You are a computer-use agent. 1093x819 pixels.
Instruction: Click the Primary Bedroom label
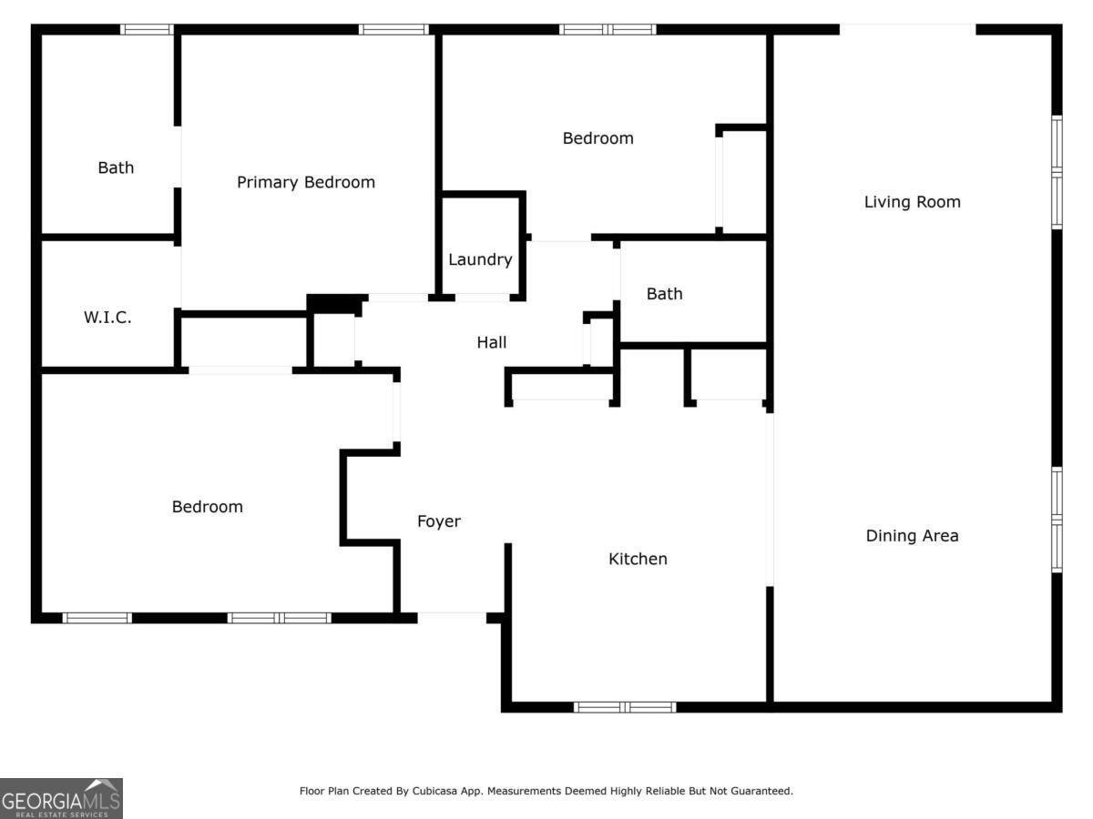click(306, 183)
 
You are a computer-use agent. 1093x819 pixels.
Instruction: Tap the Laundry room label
click(480, 259)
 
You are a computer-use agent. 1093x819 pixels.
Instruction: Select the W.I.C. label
click(107, 318)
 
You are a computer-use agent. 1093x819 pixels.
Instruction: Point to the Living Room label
click(913, 202)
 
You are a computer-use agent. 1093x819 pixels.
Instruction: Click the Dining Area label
click(913, 536)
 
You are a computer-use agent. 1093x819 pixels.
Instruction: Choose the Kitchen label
click(638, 559)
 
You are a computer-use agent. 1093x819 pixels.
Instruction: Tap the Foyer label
click(439, 521)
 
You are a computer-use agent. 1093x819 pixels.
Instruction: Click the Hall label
click(492, 342)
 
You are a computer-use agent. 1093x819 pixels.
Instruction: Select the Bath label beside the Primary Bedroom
click(116, 167)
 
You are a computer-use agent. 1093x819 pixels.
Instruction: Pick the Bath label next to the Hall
click(664, 294)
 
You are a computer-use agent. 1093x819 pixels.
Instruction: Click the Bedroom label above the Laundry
click(598, 138)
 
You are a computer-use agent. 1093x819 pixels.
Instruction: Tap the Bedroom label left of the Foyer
click(207, 507)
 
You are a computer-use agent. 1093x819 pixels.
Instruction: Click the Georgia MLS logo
click(61, 799)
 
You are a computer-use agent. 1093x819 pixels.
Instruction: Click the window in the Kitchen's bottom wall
click(625, 707)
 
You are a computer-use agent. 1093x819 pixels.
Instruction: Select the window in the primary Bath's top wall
click(147, 29)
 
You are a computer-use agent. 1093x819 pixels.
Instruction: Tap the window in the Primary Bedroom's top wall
click(393, 29)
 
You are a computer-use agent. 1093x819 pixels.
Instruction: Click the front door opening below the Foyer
click(452, 618)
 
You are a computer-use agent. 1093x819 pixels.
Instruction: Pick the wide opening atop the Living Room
click(908, 29)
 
